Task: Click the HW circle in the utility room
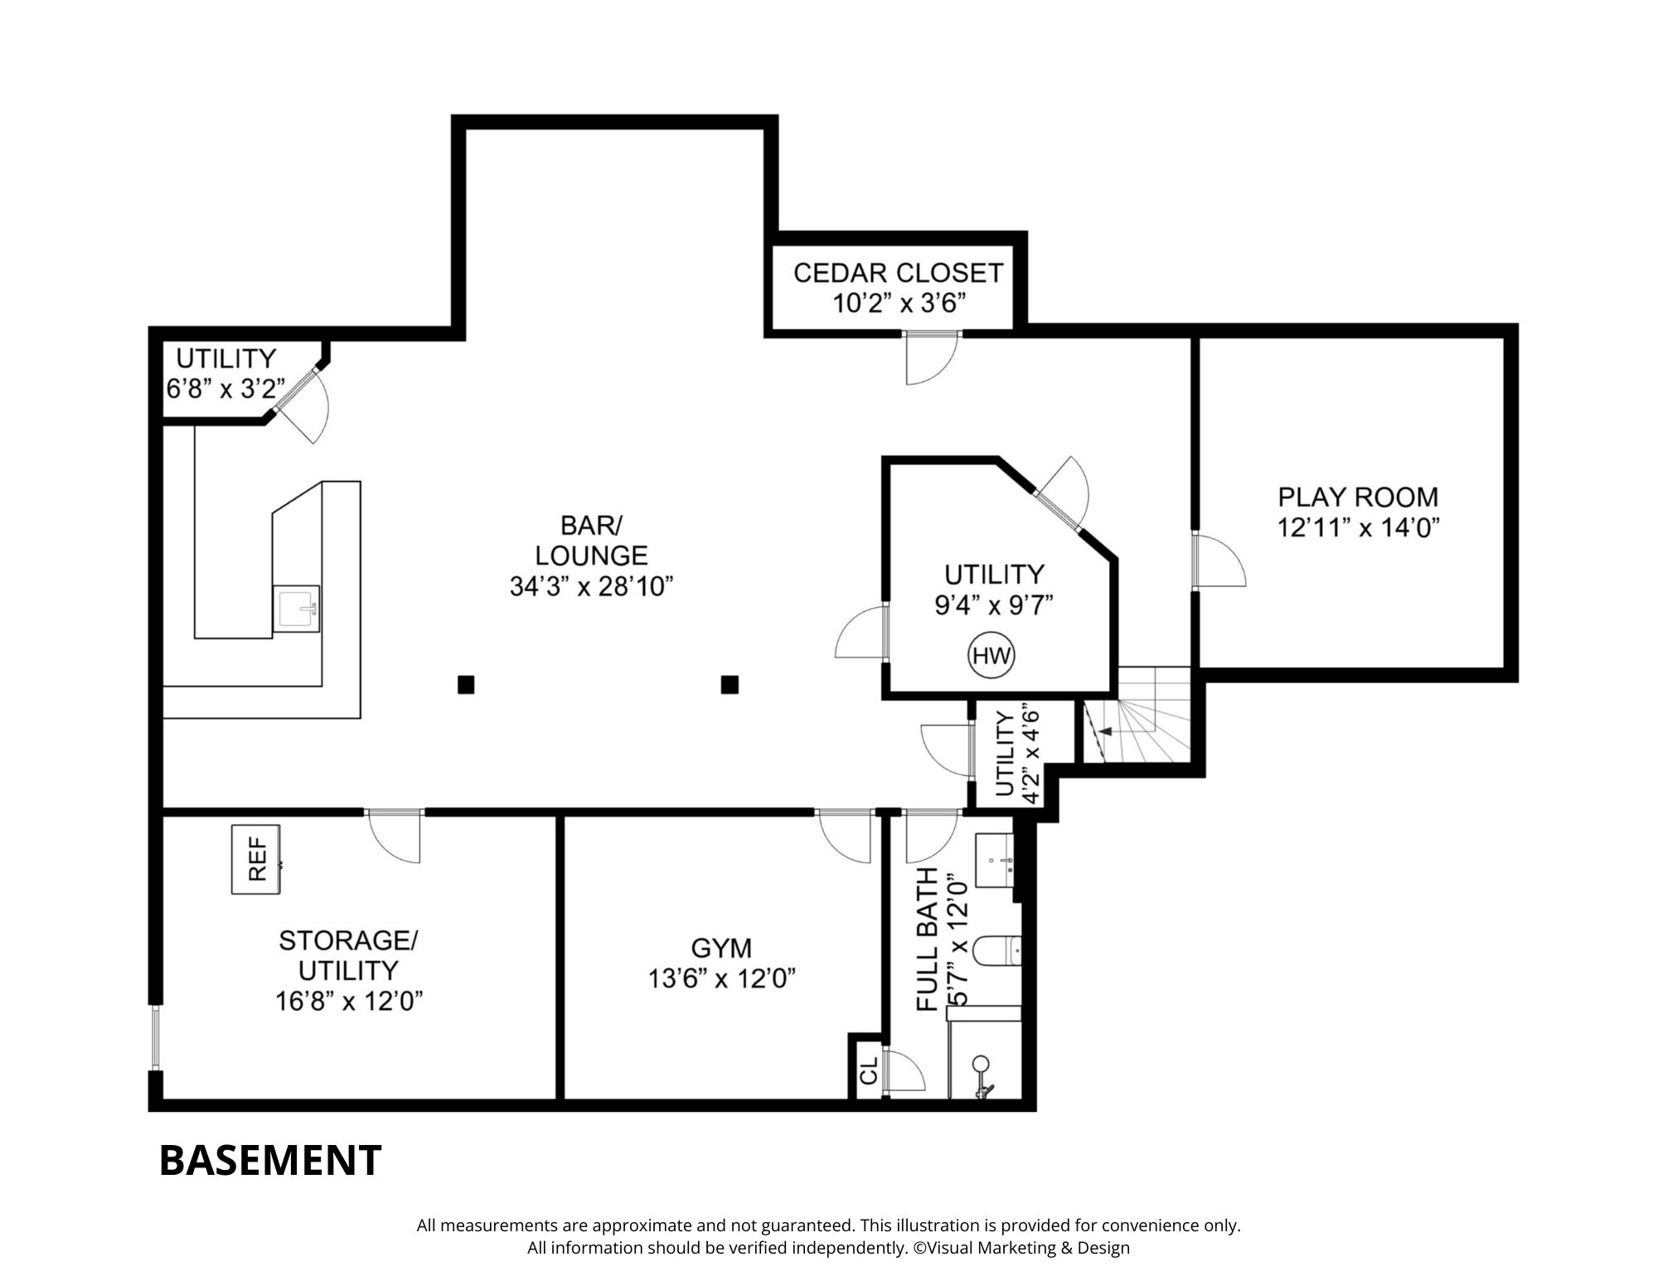click(x=991, y=656)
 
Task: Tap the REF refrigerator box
click(x=255, y=859)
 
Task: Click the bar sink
click(x=296, y=609)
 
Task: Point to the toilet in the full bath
click(x=997, y=950)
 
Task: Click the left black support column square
click(x=466, y=685)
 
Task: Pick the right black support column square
click(x=730, y=685)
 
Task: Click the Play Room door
click(x=1219, y=560)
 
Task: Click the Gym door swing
click(x=845, y=836)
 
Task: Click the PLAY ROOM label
click(x=1358, y=497)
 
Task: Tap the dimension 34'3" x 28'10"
click(x=591, y=587)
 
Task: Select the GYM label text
click(x=721, y=948)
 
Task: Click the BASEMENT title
click(x=270, y=1160)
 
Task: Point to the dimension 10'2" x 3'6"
click(x=900, y=303)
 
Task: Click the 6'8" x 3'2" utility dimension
click(x=225, y=388)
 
